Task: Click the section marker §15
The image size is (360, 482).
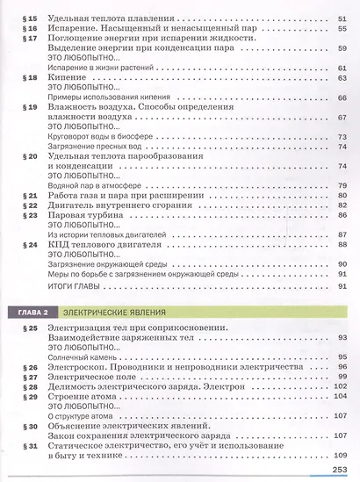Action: [26, 18]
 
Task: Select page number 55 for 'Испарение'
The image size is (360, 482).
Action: [342, 29]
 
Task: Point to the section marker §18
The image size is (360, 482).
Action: [26, 78]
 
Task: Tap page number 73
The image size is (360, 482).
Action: [342, 137]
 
